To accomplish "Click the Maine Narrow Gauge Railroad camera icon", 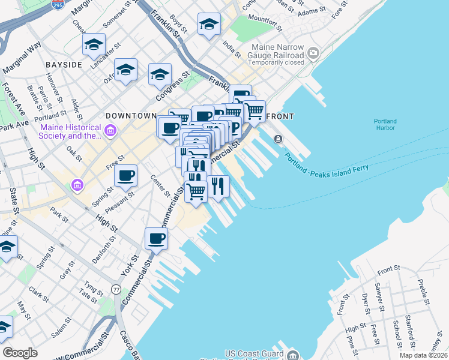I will [313, 55].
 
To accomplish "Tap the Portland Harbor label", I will [385, 124].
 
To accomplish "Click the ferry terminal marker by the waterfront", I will [278, 139].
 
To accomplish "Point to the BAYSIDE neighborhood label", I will [63, 64].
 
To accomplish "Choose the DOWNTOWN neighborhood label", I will [131, 115].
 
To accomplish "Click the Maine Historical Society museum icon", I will [110, 130].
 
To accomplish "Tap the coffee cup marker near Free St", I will [126, 175].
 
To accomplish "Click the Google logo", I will [20, 353].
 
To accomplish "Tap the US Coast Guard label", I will [253, 353].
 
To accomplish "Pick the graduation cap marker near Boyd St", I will [209, 24].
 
